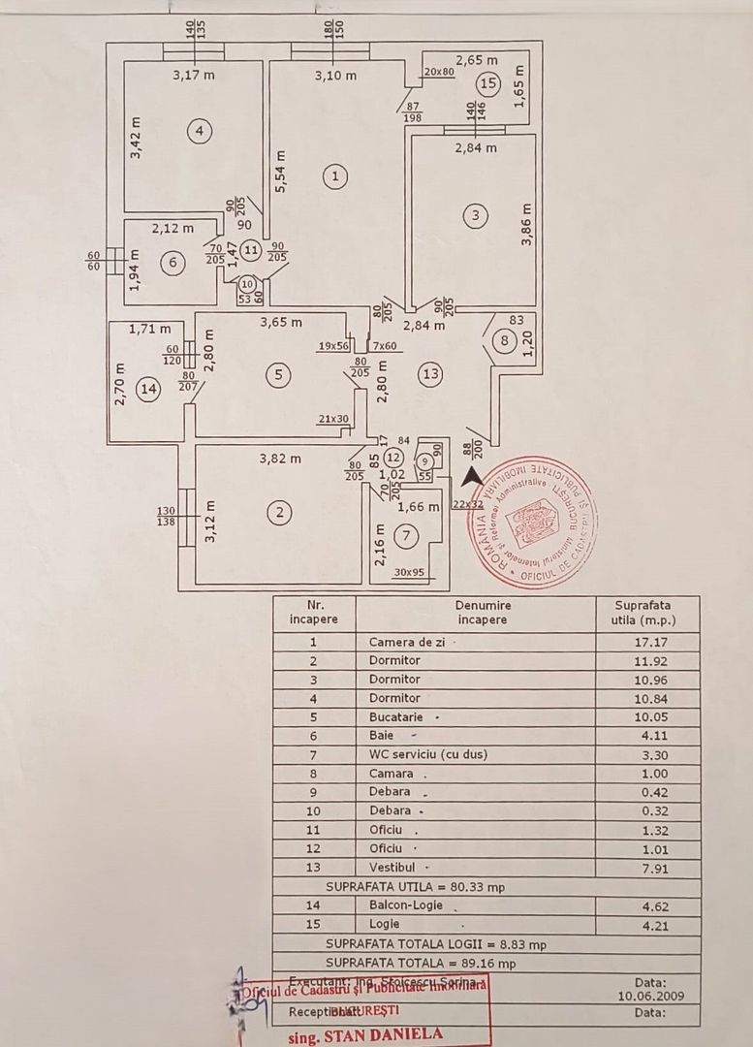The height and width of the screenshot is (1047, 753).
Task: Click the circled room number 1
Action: (335, 176)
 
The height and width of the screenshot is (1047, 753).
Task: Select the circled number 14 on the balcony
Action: (148, 390)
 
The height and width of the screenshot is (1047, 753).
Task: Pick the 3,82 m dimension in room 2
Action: (282, 459)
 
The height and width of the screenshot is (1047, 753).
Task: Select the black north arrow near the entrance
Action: (471, 475)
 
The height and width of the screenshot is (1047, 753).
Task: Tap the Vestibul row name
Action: (393, 867)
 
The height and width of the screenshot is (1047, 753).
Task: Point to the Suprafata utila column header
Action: (647, 612)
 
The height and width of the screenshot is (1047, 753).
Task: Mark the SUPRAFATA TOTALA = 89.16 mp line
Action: (420, 963)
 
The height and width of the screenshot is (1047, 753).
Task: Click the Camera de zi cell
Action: (404, 642)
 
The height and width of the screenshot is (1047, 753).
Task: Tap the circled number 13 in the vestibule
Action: (430, 374)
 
